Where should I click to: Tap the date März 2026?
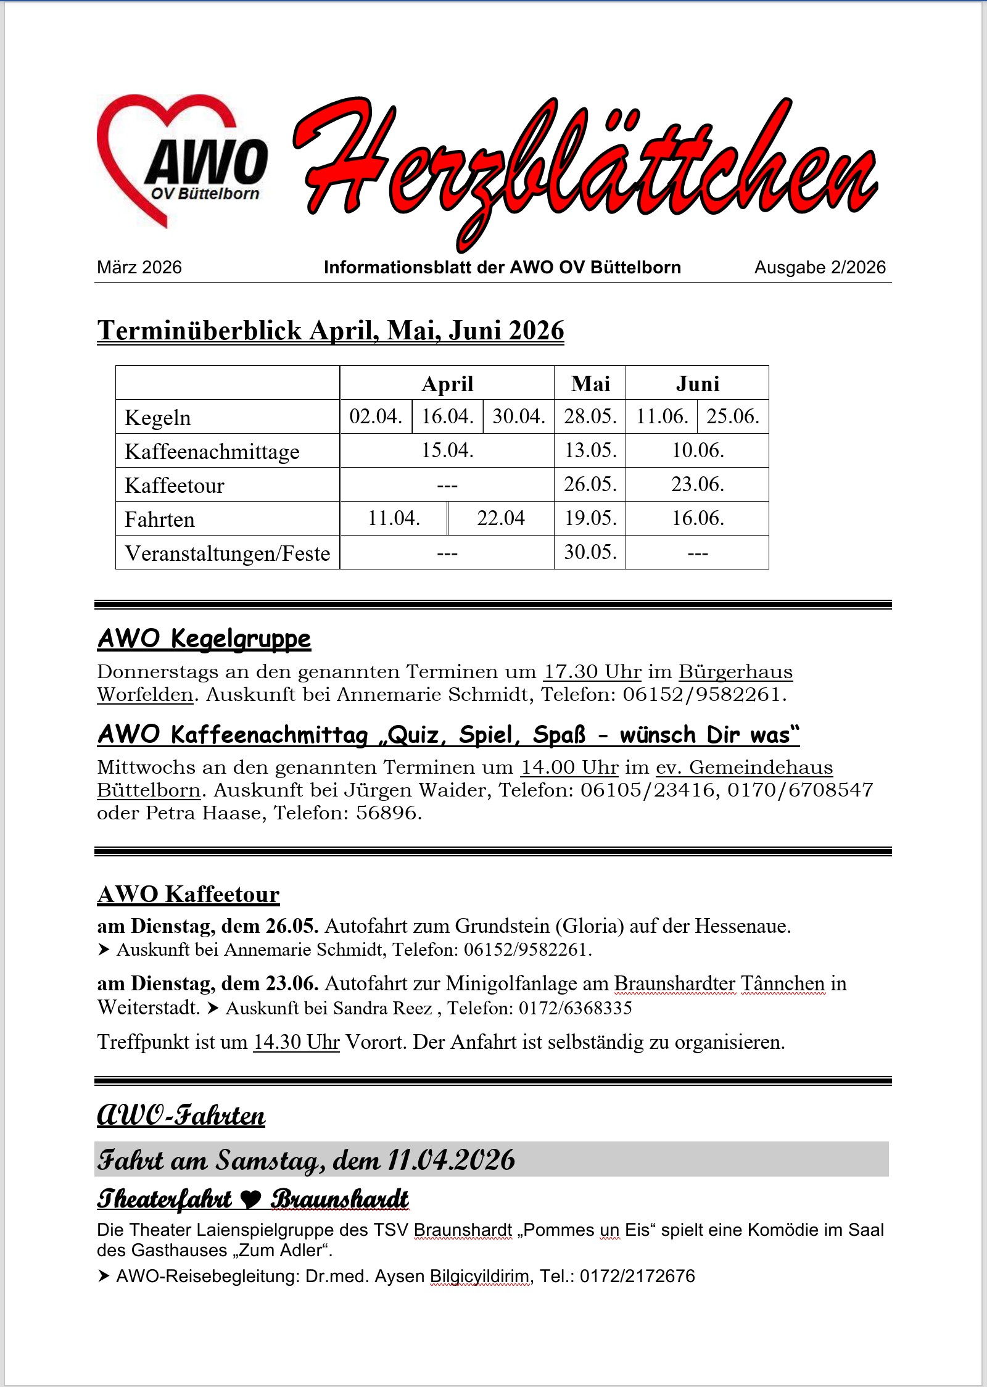139,267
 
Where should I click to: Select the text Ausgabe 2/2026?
819,267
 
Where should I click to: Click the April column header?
447,384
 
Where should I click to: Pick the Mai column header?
590,384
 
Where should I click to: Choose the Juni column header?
697,384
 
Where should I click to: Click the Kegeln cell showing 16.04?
447,416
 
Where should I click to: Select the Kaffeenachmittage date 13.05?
590,450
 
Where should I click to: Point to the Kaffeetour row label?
175,486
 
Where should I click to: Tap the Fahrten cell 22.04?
500,518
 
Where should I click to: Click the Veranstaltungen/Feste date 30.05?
590,552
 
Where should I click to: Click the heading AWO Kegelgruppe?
204,639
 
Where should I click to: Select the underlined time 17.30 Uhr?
592,671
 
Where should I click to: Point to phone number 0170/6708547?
800,790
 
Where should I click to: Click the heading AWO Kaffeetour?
189,894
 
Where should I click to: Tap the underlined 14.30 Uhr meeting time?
296,1042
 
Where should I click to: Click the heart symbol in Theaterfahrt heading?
250,1199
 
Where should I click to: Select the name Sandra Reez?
382,1008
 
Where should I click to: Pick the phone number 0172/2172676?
637,1276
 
